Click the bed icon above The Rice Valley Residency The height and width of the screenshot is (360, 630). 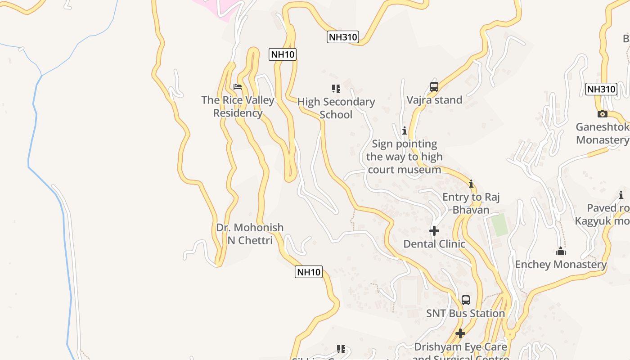238,86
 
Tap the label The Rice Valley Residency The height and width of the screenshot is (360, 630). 238,107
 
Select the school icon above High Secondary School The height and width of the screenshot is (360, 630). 336,88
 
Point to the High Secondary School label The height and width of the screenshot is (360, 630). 336,108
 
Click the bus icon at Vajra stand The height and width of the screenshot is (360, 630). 434,87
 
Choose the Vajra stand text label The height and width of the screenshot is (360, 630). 434,100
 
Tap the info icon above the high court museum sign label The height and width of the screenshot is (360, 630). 405,131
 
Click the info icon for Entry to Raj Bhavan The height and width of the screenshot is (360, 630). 471,184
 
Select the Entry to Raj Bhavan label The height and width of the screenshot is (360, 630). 471,203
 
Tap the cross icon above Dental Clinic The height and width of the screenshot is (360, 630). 434,231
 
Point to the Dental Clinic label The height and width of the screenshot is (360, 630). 434,244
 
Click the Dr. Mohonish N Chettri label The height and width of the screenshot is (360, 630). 250,234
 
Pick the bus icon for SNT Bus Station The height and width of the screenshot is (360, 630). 466,300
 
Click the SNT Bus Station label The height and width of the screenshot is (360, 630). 466,313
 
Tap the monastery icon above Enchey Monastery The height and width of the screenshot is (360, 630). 561,251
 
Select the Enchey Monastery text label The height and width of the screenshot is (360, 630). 561,264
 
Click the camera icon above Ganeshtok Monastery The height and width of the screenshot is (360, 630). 603,114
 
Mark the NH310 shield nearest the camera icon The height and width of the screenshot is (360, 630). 601,89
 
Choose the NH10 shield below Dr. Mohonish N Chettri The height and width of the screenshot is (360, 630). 309,272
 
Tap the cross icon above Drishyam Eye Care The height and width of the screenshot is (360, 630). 460,333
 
